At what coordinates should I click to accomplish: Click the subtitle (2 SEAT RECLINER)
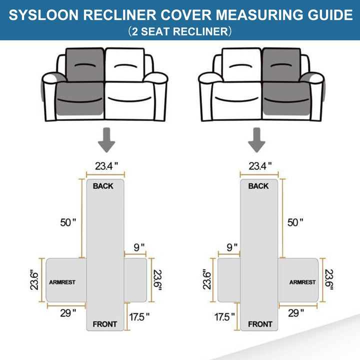(179, 32)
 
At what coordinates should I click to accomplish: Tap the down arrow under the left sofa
(105, 139)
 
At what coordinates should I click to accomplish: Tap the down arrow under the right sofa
(257, 139)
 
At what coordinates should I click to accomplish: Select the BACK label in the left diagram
(103, 186)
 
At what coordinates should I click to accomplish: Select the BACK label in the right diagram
(258, 186)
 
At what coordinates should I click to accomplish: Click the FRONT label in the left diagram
(104, 324)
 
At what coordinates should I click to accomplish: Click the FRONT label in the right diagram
(260, 324)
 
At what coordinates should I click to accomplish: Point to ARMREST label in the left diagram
(62, 282)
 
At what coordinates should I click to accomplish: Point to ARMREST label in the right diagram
(302, 282)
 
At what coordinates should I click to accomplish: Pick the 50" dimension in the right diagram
(294, 222)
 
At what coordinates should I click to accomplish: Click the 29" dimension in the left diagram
(67, 312)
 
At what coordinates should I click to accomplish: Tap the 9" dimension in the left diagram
(139, 247)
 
